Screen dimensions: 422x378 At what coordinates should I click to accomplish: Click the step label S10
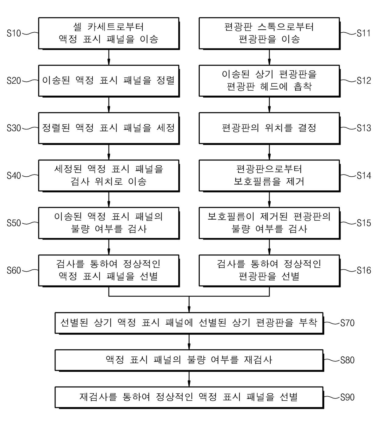[14, 33]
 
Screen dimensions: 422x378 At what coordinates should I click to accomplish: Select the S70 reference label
[347, 323]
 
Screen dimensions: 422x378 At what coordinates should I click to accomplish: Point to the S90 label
[347, 397]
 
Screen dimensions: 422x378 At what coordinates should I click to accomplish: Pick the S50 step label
[14, 223]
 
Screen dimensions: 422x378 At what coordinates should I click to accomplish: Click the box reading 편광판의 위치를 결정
[269, 128]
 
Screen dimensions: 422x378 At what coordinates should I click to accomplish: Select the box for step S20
[109, 81]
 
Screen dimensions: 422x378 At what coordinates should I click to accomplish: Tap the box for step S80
[189, 360]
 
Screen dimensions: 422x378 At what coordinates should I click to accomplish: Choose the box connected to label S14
[269, 175]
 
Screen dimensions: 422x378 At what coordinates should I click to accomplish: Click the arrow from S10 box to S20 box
[109, 57]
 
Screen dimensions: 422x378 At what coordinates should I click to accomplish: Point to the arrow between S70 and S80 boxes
[189, 342]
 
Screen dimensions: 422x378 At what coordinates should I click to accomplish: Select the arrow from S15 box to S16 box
[269, 247]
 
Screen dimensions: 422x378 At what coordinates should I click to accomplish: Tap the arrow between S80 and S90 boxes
[189, 379]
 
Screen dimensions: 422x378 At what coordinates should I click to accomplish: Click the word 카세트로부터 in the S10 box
[116, 27]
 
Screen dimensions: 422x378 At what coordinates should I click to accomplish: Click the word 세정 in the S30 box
[166, 128]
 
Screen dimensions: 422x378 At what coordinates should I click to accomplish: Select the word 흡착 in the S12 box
[303, 87]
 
